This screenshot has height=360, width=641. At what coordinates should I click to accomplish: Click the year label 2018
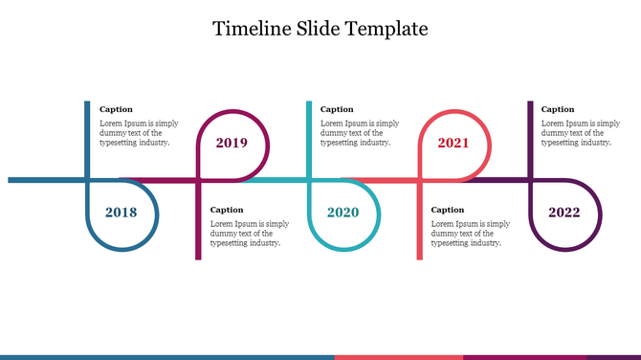point(122,213)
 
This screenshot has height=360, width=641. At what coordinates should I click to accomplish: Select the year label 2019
point(232,144)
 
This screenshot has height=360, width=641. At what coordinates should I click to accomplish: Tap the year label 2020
point(343,213)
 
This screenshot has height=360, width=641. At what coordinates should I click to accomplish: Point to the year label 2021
point(453,144)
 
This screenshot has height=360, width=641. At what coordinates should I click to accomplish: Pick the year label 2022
point(564,213)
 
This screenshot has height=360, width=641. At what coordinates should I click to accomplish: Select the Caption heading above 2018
point(117,109)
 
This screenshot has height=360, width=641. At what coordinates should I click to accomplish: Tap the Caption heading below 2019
point(227,210)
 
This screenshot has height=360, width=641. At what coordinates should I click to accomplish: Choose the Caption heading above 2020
point(337,109)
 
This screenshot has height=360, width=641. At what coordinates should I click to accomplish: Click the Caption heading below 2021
point(448,210)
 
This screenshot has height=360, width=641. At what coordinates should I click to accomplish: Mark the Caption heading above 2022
point(558,109)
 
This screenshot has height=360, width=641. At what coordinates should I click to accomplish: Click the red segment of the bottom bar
point(398,357)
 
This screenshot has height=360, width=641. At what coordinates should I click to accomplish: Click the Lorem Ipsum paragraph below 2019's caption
point(249,233)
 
